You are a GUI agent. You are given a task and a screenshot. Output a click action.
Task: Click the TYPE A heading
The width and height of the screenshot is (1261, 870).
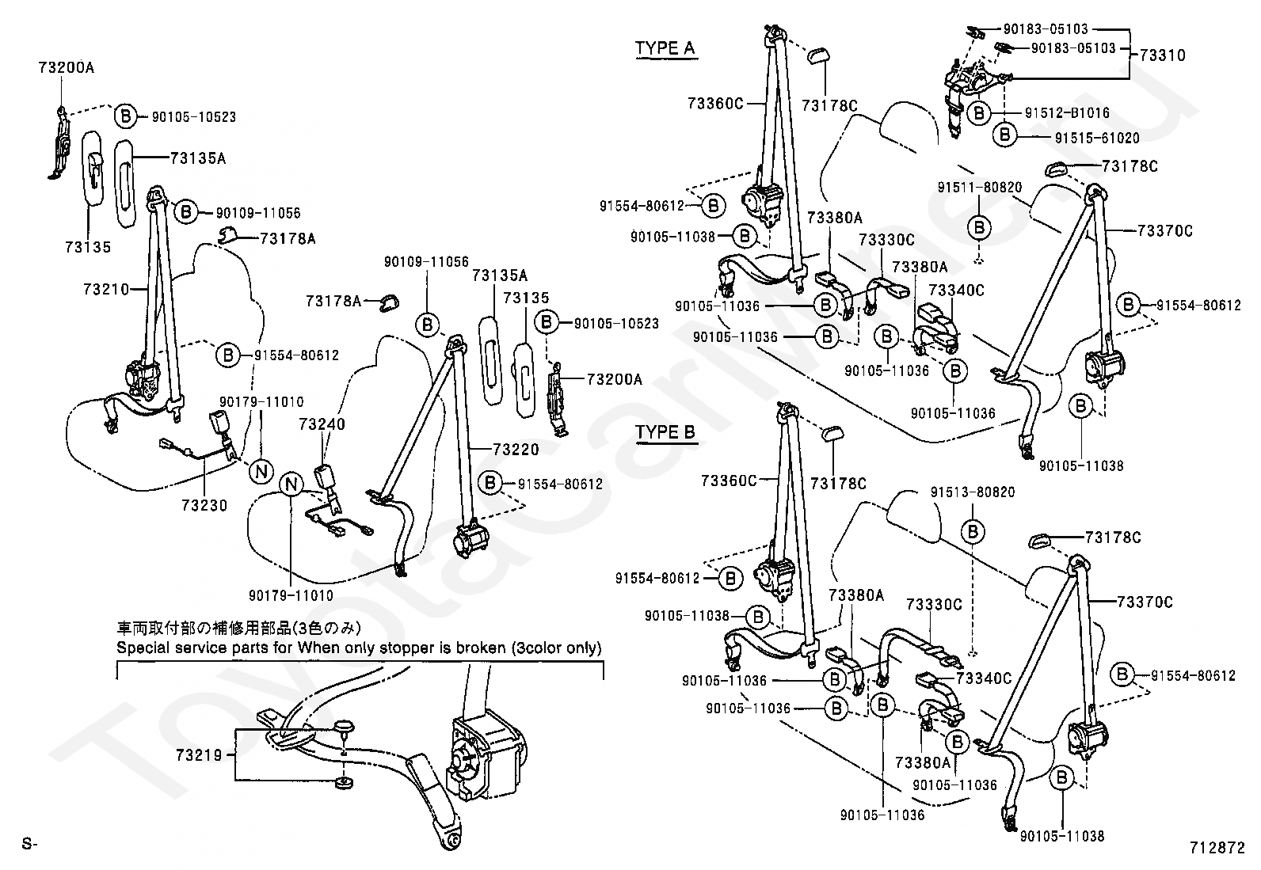[665, 48]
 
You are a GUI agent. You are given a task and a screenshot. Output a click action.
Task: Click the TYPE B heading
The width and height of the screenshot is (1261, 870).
[665, 432]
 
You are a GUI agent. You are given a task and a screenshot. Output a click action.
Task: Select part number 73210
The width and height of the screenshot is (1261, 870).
[105, 290]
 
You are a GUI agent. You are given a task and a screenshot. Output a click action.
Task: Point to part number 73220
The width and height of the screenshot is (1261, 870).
[516, 450]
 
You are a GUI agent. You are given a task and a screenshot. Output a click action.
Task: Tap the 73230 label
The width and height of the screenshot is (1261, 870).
[204, 506]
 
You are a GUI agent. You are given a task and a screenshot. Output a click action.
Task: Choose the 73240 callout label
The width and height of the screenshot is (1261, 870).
[322, 424]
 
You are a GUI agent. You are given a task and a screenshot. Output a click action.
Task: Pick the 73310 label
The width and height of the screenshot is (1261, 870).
[1163, 55]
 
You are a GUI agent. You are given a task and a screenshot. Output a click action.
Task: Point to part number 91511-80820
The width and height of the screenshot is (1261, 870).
[980, 188]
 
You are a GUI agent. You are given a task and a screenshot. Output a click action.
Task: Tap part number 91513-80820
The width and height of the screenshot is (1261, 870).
[973, 492]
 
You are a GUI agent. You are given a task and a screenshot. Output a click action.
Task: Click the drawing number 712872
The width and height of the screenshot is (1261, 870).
[1217, 847]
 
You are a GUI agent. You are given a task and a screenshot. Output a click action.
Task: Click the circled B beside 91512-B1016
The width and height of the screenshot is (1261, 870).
[980, 113]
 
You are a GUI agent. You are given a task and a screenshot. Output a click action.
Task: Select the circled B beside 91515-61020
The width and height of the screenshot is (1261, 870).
[1005, 135]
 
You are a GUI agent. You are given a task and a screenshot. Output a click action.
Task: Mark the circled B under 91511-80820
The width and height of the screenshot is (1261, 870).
[979, 228]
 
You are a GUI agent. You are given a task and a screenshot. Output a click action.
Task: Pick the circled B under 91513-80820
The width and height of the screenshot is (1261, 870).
[973, 532]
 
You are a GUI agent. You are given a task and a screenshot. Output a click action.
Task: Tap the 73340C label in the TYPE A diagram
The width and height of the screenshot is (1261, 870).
[956, 291]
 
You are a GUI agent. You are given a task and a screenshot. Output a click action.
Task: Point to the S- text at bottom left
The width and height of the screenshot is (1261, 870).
[29, 845]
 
